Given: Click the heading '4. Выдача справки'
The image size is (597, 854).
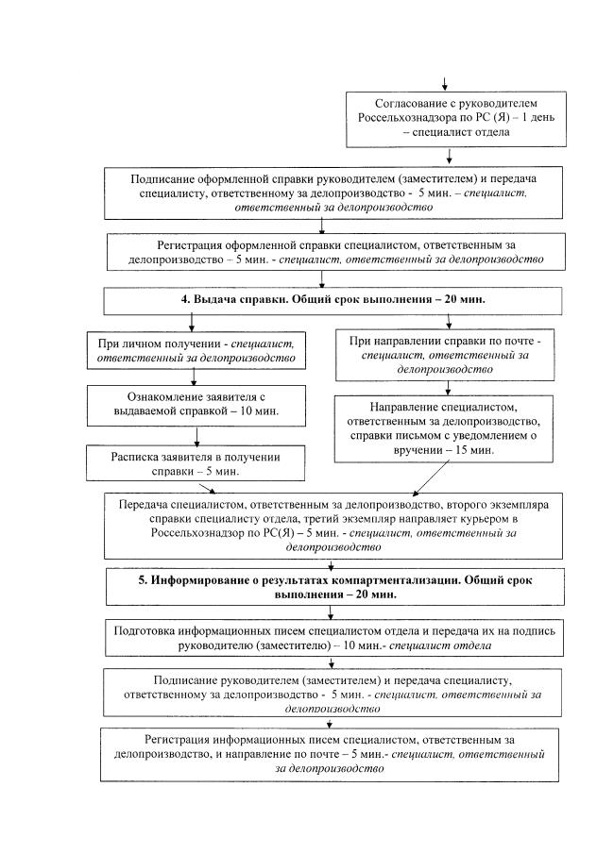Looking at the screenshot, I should point(322,299).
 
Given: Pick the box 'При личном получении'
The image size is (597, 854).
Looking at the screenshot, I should point(194,348).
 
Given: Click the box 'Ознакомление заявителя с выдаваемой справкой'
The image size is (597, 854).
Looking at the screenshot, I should point(194,404).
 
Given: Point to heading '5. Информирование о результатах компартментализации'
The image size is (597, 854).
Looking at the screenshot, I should point(324,587).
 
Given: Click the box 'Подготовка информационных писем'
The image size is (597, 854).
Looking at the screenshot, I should point(324,637).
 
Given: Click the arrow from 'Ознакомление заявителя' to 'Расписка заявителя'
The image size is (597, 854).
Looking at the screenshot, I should point(196,435).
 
